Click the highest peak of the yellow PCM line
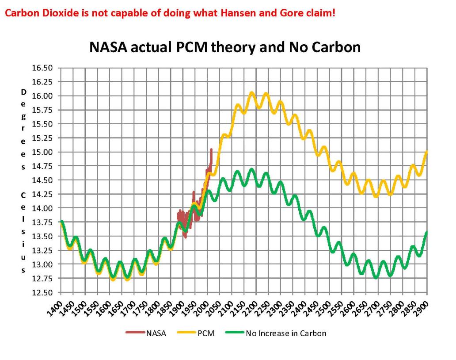tap(252, 93)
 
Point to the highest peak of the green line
tap(252, 169)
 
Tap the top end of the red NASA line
tap(211, 149)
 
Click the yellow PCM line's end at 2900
tap(427, 152)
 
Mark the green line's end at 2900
tap(427, 232)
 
